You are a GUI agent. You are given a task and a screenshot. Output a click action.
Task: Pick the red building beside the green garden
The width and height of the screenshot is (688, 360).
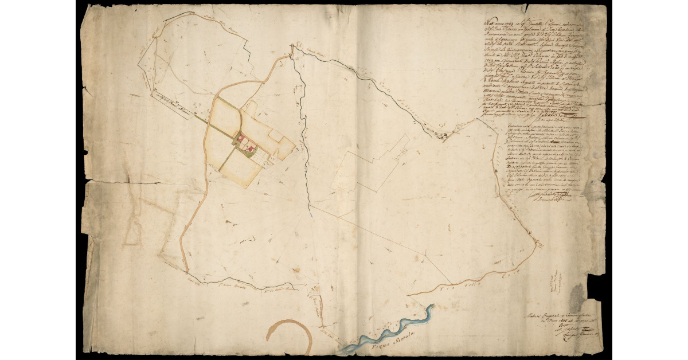point(249,150)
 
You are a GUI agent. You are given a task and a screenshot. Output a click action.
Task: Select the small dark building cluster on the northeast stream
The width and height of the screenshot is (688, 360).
point(443,135)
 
